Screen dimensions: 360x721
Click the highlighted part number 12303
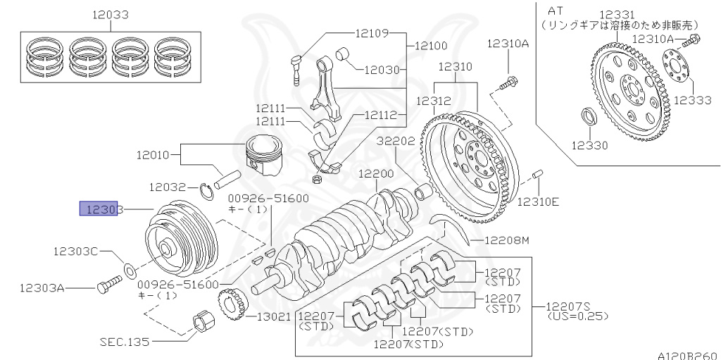tap(102, 209)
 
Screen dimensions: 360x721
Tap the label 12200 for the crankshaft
tap(375, 173)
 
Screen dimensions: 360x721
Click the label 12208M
tap(506, 241)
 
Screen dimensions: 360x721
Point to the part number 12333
tap(693, 100)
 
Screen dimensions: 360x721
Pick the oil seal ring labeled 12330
tap(587, 116)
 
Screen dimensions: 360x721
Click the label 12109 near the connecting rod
tap(371, 32)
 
